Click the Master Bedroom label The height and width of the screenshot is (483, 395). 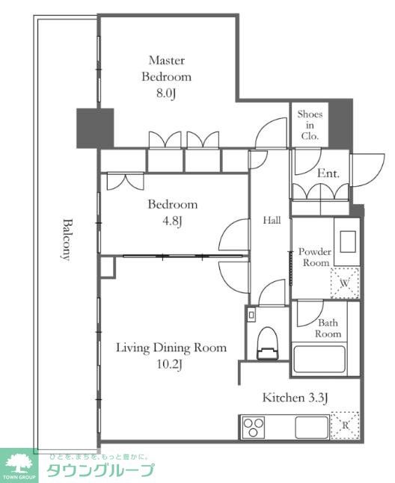click(166, 68)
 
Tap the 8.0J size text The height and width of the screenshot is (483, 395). click(166, 93)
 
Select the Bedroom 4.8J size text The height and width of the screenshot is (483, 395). click(173, 221)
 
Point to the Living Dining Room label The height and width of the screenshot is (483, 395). click(171, 348)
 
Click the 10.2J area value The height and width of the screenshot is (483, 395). click(170, 364)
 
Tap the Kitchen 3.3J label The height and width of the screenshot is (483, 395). click(295, 398)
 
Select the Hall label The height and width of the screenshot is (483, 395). click(272, 220)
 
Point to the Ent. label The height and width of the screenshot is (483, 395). click(328, 173)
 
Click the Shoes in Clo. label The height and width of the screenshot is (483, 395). click(310, 125)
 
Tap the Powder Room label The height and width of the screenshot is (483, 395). click(315, 257)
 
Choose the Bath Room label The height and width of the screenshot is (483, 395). click(328, 328)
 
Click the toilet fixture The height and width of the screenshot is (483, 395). click(268, 343)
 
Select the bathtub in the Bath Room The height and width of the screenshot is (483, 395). click(319, 359)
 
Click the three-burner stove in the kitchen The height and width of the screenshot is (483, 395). click(254, 427)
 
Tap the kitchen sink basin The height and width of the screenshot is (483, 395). click(312, 427)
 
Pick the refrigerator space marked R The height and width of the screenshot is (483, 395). click(345, 425)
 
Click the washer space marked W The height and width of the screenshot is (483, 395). click(345, 283)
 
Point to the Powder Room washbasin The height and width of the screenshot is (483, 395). click(348, 241)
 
